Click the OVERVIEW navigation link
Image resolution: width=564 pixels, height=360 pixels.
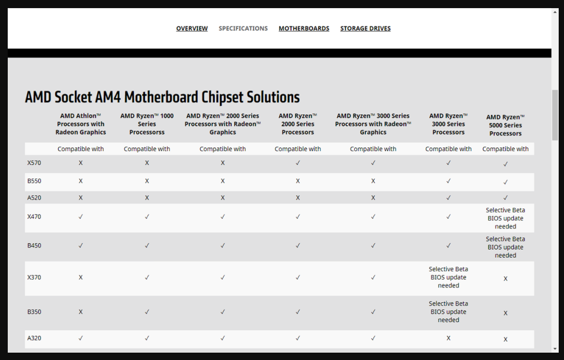click(x=192, y=28)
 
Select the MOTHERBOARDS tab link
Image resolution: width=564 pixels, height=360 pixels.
click(x=304, y=28)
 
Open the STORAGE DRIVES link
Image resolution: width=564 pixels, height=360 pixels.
click(x=365, y=28)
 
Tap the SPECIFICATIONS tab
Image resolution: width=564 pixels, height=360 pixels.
click(x=243, y=28)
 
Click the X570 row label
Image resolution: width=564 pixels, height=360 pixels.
click(x=34, y=163)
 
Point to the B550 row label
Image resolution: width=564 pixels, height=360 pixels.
click(x=34, y=181)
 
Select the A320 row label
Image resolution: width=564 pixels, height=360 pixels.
click(x=34, y=338)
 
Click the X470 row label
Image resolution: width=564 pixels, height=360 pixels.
click(x=34, y=217)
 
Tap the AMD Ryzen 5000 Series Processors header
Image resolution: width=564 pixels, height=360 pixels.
click(x=505, y=125)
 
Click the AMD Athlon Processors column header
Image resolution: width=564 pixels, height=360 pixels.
click(x=81, y=124)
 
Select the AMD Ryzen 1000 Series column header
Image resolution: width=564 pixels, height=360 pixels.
click(x=147, y=124)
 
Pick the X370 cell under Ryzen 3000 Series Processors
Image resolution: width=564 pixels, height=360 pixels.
click(x=448, y=277)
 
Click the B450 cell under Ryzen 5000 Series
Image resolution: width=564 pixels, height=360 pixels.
click(x=505, y=247)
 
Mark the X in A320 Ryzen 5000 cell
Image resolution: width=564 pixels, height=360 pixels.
click(x=505, y=339)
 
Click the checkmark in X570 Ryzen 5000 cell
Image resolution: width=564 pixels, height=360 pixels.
click(x=505, y=164)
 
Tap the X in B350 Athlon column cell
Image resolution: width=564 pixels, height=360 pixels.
click(x=81, y=312)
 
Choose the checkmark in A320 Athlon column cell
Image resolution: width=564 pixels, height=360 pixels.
click(x=81, y=338)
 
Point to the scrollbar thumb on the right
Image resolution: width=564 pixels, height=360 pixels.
click(x=555, y=115)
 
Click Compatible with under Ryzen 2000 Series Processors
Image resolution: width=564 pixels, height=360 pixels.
click(x=298, y=149)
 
